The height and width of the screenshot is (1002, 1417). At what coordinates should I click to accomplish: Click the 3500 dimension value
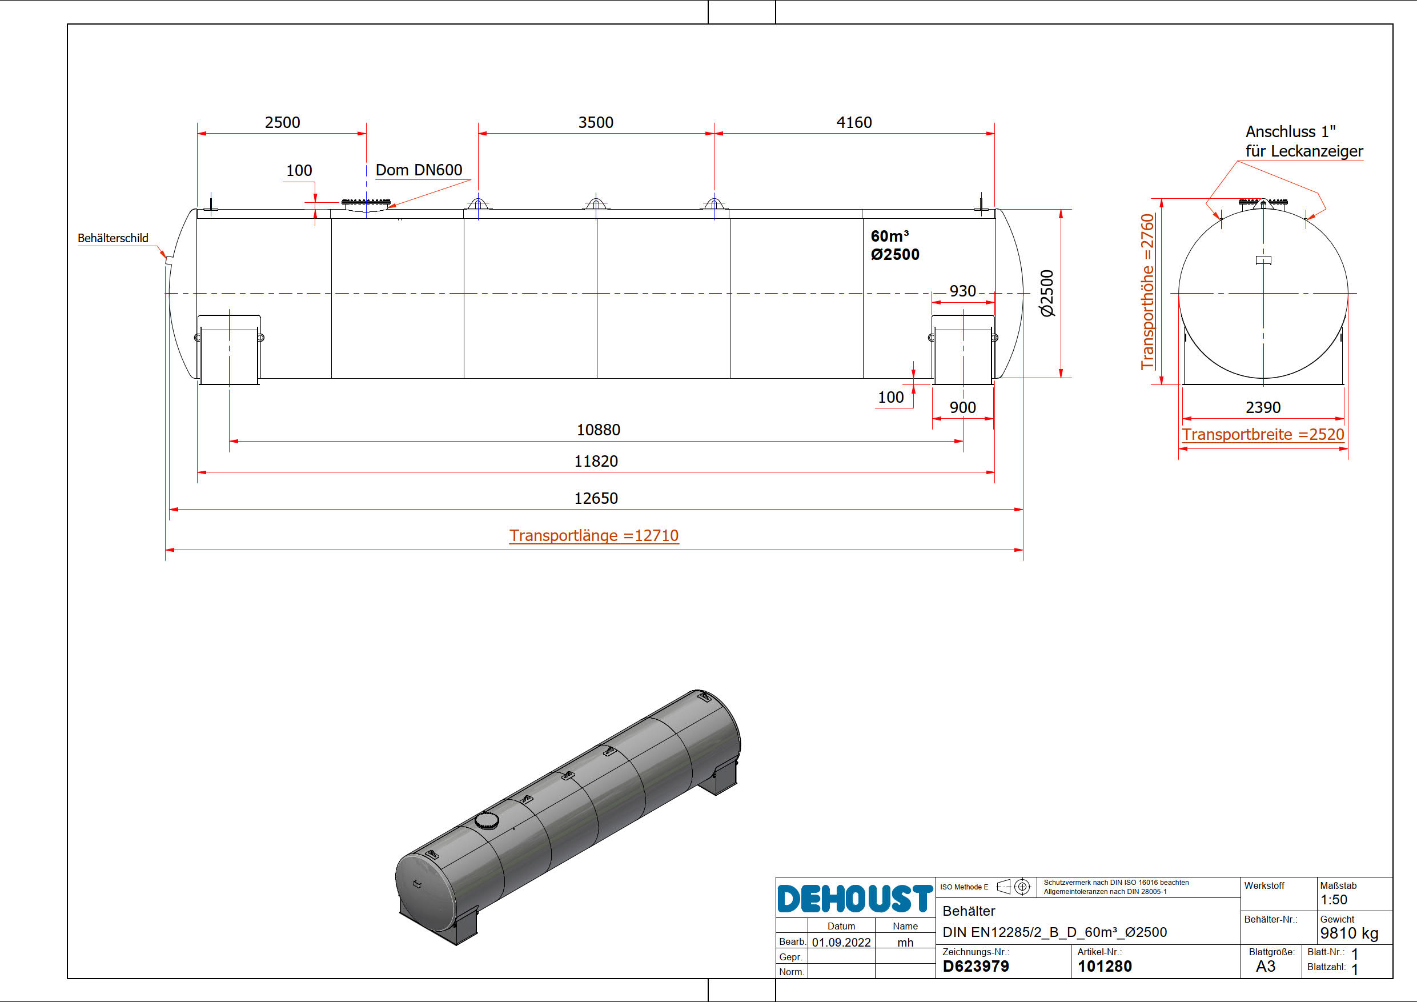click(x=596, y=122)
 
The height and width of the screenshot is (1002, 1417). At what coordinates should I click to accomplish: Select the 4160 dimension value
click(x=854, y=122)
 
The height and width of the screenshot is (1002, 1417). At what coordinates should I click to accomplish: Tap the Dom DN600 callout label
click(x=419, y=170)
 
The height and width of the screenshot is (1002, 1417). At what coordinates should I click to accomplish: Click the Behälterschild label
click(x=113, y=238)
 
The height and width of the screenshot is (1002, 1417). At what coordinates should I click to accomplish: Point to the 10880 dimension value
click(x=598, y=430)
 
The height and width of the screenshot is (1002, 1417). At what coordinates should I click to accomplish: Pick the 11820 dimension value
click(x=596, y=461)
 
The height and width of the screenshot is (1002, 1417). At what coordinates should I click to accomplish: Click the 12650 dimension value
click(x=596, y=498)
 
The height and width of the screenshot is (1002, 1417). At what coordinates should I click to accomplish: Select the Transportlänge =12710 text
click(x=594, y=535)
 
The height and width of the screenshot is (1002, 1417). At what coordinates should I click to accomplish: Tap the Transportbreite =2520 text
click(x=1263, y=434)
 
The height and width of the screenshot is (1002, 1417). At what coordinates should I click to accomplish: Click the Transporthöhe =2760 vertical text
click(x=1147, y=291)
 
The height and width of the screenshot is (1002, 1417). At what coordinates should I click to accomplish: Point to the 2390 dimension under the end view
click(x=1263, y=407)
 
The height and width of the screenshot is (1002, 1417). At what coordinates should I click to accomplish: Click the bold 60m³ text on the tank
click(x=889, y=236)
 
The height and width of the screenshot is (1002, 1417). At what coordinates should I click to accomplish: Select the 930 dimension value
click(x=962, y=291)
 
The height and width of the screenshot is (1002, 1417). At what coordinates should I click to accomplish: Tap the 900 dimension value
click(x=962, y=407)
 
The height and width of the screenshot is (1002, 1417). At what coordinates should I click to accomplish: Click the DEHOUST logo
click(x=855, y=898)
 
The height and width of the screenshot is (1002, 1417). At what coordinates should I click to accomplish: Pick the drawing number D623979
click(x=975, y=966)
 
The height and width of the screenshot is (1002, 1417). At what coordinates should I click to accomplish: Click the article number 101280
click(x=1104, y=966)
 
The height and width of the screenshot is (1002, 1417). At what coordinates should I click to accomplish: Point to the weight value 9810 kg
click(x=1349, y=933)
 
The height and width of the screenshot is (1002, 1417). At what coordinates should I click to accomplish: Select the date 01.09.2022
click(x=841, y=942)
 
